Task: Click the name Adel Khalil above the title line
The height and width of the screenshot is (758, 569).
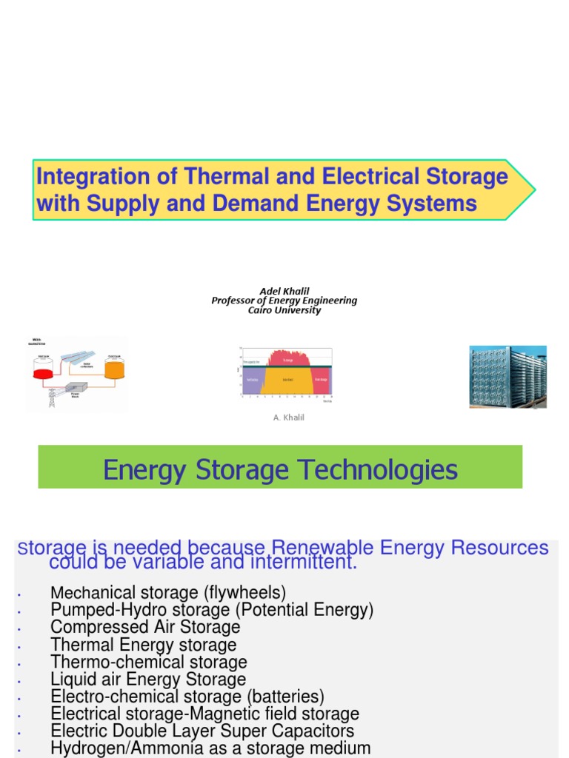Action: tap(284, 291)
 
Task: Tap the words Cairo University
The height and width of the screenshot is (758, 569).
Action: tap(284, 310)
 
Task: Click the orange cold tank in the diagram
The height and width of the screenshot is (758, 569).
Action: tap(114, 368)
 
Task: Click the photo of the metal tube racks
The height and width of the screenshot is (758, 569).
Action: tap(508, 376)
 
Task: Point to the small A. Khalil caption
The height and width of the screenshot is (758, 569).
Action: tap(288, 417)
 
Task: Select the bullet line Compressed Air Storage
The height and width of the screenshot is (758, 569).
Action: tap(145, 627)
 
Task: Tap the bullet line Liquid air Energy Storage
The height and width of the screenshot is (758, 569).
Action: tap(148, 679)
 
